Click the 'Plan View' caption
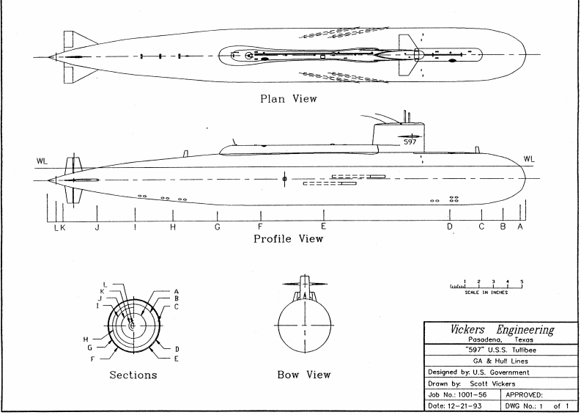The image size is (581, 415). [289, 99]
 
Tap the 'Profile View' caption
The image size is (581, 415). [288, 239]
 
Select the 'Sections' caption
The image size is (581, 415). [133, 375]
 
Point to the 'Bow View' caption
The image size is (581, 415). [304, 375]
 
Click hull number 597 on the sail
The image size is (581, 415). [410, 142]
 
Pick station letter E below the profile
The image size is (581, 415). [324, 227]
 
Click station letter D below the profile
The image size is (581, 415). [449, 227]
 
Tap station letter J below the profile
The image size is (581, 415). [97, 227]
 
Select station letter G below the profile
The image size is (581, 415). [218, 227]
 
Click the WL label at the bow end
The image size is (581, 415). [529, 159]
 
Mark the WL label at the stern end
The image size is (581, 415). [42, 161]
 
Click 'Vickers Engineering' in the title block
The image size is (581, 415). [502, 329]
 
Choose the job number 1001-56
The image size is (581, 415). [472, 395]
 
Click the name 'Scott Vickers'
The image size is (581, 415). [492, 384]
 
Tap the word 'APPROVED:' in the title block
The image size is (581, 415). [524, 395]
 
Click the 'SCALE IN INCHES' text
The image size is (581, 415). [486, 293]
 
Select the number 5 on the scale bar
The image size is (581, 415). [522, 282]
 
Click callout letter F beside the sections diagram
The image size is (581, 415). [92, 359]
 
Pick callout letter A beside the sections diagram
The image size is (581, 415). [177, 292]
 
